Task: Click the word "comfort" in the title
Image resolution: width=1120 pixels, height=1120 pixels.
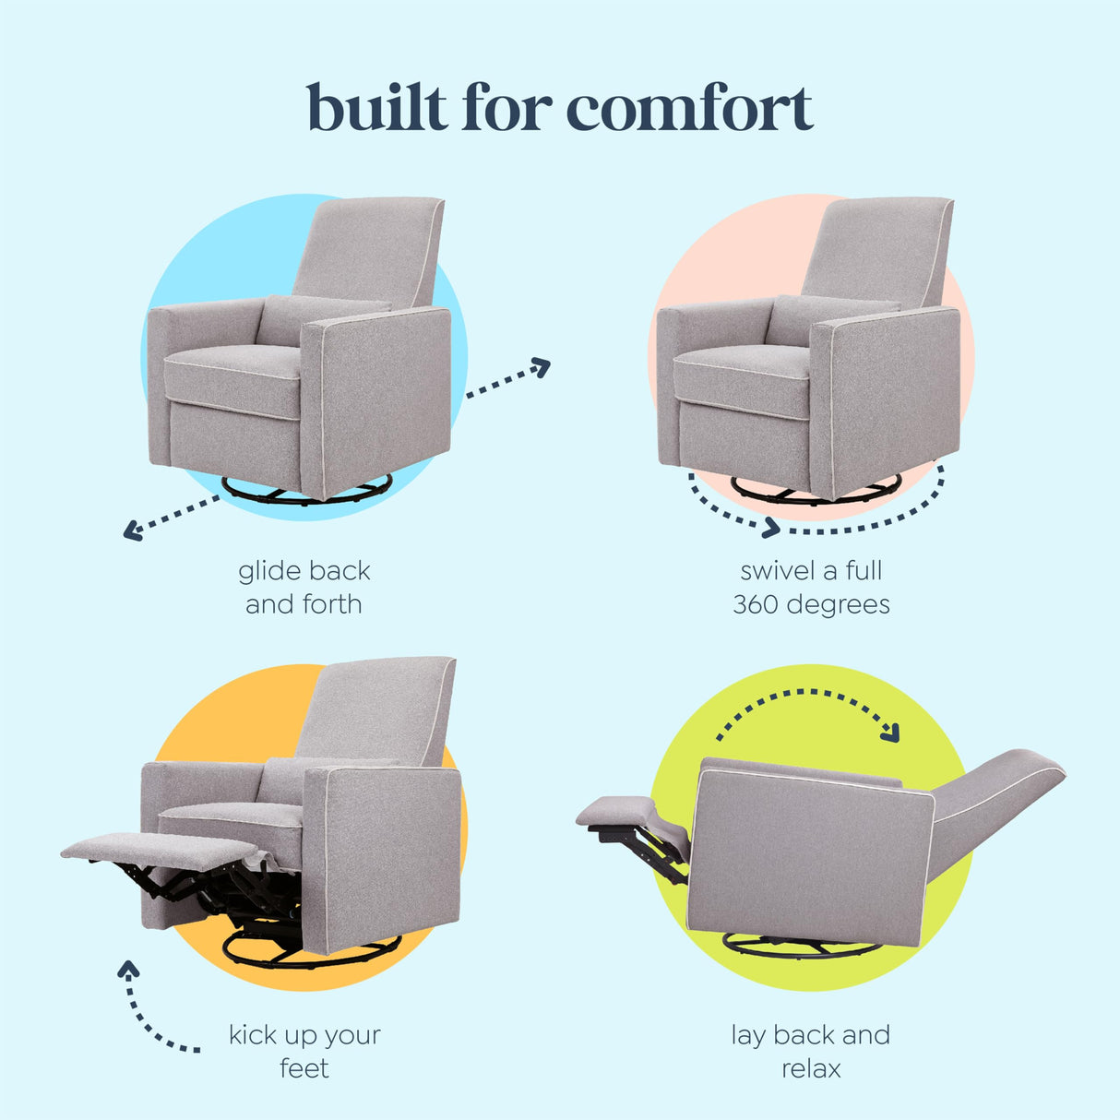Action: pyautogui.click(x=689, y=109)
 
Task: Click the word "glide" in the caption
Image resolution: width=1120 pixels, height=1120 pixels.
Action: pyautogui.click(x=267, y=571)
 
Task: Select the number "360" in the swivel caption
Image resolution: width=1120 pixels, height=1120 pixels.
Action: pyautogui.click(x=755, y=605)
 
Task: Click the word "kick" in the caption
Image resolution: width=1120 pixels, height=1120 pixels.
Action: pyautogui.click(x=253, y=1035)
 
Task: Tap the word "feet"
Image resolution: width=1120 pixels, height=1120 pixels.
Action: pyautogui.click(x=304, y=1068)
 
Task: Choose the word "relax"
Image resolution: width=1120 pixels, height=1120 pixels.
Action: pyautogui.click(x=812, y=1068)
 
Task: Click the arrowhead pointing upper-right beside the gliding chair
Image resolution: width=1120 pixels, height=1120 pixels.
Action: pyautogui.click(x=541, y=367)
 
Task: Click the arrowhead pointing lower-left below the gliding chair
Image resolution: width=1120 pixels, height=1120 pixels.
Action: pyautogui.click(x=132, y=530)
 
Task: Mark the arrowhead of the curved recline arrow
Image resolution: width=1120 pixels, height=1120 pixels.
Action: pyautogui.click(x=890, y=733)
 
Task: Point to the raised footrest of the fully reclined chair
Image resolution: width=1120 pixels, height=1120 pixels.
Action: pyautogui.click(x=616, y=811)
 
